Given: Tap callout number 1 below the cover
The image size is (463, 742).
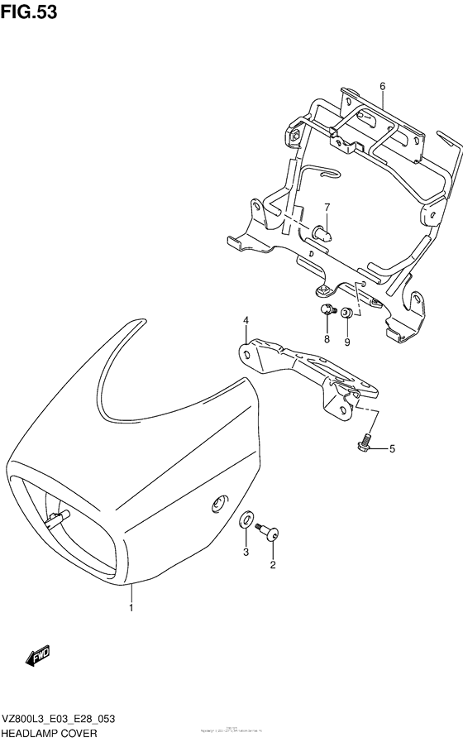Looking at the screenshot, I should tap(130, 609).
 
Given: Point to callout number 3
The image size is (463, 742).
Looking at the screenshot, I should tap(246, 552).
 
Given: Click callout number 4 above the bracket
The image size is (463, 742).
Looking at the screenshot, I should tap(246, 320).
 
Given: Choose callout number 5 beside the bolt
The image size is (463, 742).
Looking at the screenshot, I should tap(393, 449).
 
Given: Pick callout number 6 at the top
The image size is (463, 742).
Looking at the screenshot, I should tap(383, 86).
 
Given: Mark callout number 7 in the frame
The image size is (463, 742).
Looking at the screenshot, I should tap(327, 207).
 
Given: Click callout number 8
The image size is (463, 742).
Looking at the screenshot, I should tap(327, 340).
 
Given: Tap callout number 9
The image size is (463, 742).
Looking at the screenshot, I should tap(347, 340).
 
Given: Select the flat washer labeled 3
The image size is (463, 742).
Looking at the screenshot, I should tap(246, 521).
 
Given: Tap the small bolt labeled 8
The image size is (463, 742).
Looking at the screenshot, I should tap(327, 311).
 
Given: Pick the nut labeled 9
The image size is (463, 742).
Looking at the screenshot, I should tap(347, 313).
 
